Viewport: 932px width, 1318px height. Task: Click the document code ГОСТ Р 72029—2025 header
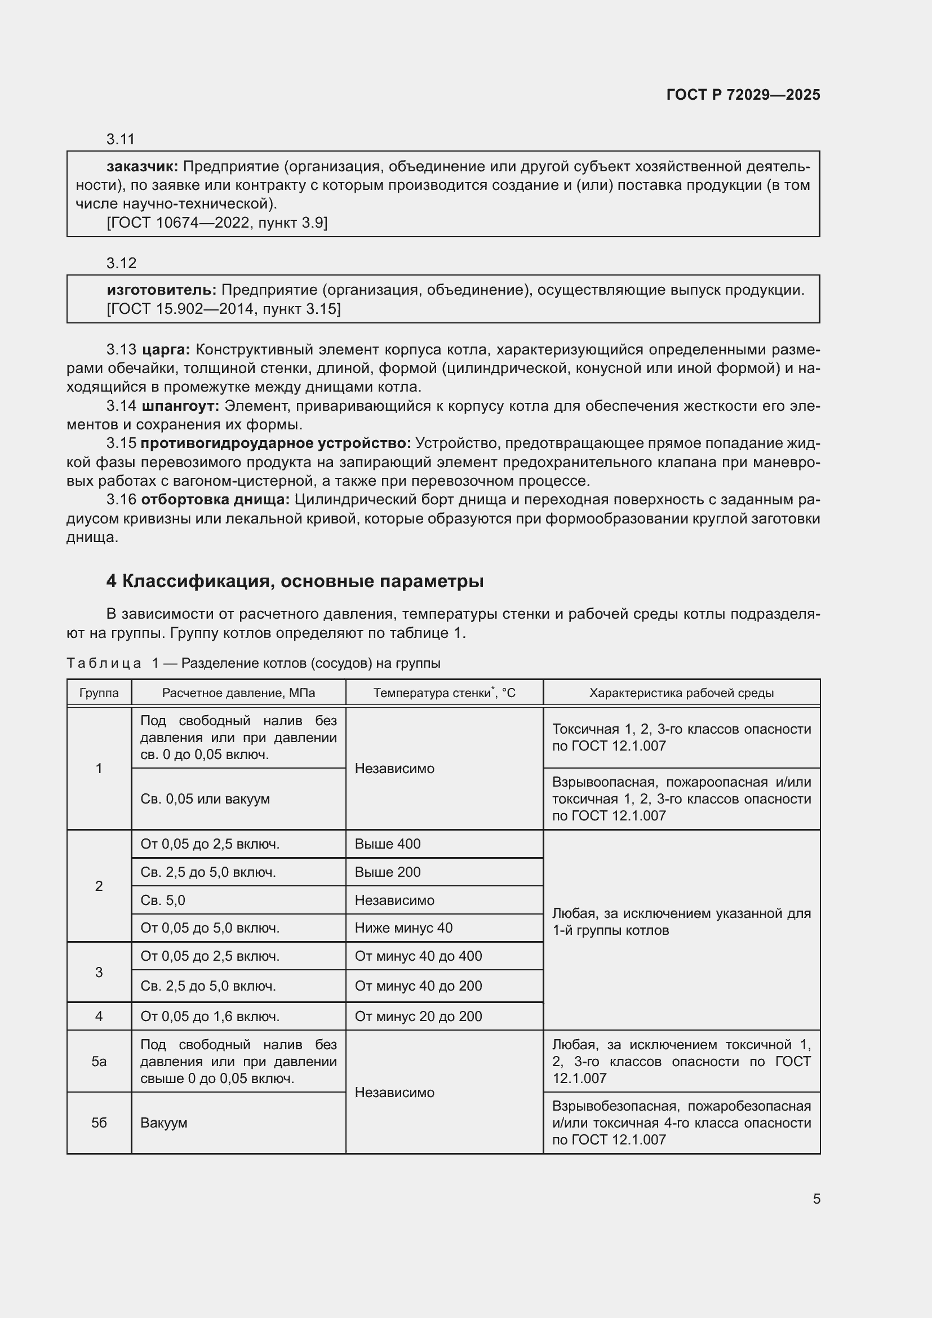[743, 95]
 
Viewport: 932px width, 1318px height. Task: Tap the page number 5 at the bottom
[816, 1199]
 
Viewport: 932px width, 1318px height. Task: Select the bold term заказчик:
[143, 166]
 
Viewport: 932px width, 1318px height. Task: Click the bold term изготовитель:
[161, 290]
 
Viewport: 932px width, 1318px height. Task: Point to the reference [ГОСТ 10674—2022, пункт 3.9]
[216, 223]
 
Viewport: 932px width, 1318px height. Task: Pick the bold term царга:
[165, 349]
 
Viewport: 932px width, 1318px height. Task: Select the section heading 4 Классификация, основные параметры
[294, 581]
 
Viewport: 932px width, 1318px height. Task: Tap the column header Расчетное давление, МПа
[238, 693]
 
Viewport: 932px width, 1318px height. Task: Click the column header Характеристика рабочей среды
[681, 693]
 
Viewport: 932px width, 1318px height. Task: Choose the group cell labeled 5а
[99, 1062]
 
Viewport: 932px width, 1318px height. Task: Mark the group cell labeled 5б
[99, 1123]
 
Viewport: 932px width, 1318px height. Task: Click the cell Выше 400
[387, 844]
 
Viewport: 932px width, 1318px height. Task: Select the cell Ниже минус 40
[403, 928]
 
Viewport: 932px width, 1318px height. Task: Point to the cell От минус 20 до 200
[418, 1016]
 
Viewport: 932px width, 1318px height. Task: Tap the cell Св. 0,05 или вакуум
[205, 799]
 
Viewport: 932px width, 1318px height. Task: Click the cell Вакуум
[163, 1123]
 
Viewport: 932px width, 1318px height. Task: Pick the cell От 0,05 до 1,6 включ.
[210, 1016]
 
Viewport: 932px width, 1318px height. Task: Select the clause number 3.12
[121, 263]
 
